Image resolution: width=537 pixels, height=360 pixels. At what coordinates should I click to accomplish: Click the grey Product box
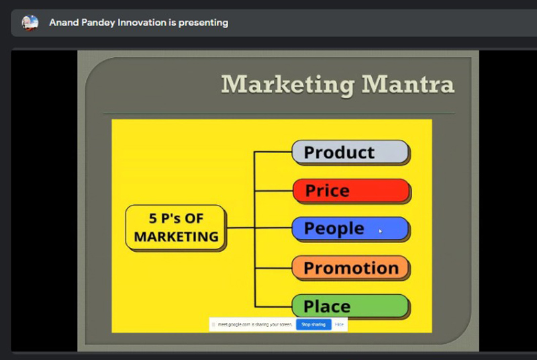[350, 152]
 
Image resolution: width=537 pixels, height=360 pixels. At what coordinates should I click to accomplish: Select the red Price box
[351, 191]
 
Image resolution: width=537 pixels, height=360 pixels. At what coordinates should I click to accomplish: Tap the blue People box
[350, 229]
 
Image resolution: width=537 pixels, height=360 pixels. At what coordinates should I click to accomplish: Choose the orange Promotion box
[350, 268]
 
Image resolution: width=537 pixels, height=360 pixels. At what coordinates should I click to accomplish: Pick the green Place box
[350, 306]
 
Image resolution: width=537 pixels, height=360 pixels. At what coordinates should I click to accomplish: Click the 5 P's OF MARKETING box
[176, 228]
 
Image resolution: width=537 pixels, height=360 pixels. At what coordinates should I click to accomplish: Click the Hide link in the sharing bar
[339, 324]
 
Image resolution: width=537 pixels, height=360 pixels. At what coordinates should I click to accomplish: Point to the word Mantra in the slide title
[408, 84]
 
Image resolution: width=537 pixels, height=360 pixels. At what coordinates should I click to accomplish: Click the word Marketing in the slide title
[288, 85]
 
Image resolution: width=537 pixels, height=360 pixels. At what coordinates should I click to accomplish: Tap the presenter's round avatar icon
[30, 23]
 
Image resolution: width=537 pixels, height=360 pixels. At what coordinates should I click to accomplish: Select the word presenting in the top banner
[203, 23]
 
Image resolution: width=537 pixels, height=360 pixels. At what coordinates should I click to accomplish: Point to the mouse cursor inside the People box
[380, 231]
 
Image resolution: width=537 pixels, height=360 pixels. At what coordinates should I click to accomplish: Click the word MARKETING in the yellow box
[176, 236]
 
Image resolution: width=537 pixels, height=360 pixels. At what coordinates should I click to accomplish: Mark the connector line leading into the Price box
[274, 191]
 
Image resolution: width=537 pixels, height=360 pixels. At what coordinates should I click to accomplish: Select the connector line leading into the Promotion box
[273, 268]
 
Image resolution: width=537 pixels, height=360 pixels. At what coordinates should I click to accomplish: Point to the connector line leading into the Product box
[273, 152]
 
